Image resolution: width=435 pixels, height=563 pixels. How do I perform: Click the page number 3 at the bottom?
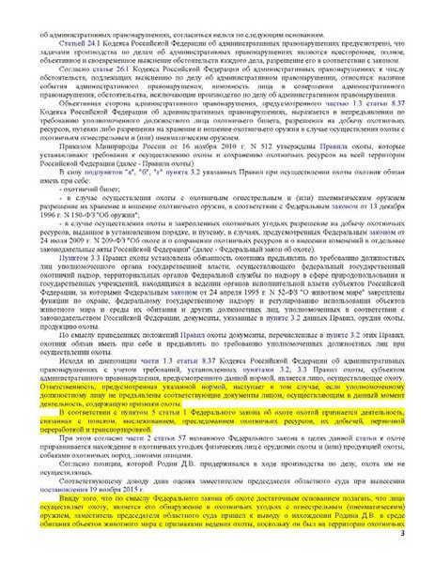coord(426,535)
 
